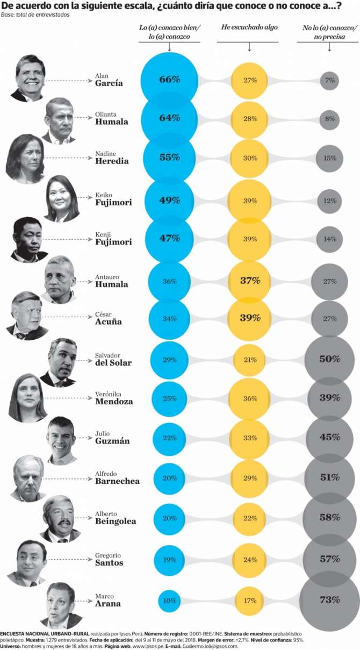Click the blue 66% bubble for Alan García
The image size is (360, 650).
(x=169, y=80)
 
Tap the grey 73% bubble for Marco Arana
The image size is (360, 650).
(x=329, y=599)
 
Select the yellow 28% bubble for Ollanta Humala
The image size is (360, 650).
(x=250, y=118)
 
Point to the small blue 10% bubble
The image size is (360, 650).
(x=169, y=599)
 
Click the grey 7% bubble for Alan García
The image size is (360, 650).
(x=329, y=80)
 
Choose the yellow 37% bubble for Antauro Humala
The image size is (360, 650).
(x=250, y=280)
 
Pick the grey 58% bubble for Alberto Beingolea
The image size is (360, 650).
(x=329, y=517)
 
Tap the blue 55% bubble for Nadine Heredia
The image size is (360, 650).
(x=169, y=159)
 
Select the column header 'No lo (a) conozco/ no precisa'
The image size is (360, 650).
(x=329, y=31)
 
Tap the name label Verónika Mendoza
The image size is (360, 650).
(x=113, y=398)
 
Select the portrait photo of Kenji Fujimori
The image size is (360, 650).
(x=28, y=239)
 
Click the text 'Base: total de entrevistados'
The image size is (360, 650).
(x=35, y=15)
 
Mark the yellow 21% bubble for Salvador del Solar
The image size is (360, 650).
(x=250, y=359)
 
